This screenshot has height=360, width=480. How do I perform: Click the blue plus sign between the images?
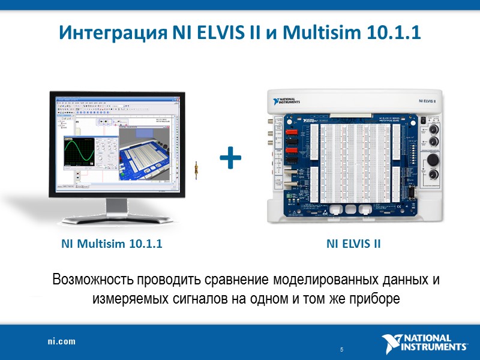(x=231, y=159)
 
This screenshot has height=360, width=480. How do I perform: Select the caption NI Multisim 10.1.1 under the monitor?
(x=112, y=244)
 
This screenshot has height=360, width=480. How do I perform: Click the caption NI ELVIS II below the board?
(x=354, y=244)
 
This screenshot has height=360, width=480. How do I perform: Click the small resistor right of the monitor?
(x=196, y=170)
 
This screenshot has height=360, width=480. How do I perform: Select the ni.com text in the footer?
(x=62, y=341)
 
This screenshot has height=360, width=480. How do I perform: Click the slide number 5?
(x=341, y=350)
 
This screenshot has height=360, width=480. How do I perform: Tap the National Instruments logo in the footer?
(x=425, y=343)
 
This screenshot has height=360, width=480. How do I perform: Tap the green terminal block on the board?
(x=292, y=196)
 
